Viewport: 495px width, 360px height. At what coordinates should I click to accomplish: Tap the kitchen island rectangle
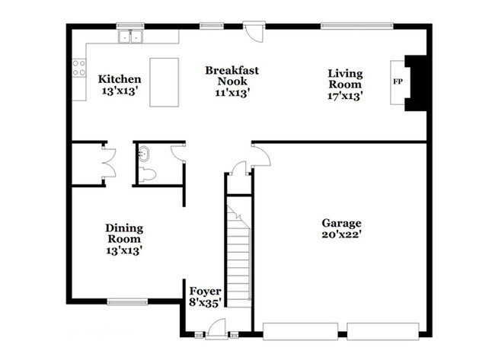point(164,82)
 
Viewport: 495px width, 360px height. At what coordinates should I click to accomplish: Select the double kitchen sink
point(130,37)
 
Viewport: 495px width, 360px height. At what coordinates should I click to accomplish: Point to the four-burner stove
point(79,68)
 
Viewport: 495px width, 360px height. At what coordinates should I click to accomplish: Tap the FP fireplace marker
point(398,81)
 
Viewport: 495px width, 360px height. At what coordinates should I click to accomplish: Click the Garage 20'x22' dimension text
point(342,234)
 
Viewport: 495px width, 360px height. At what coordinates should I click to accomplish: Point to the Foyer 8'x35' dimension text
point(205,303)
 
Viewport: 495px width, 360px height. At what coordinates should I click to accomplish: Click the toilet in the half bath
point(148,175)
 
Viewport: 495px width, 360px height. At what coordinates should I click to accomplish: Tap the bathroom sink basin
point(144,154)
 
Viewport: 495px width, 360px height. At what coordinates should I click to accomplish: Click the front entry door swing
point(218,328)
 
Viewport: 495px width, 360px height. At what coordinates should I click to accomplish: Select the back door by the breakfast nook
point(254,31)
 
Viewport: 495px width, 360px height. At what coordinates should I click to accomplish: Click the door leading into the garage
point(261,155)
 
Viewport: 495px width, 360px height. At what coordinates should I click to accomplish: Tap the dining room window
point(127,302)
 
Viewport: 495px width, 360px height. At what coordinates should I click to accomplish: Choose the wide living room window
point(357,26)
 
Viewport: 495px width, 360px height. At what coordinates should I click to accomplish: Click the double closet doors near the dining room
point(109,163)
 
